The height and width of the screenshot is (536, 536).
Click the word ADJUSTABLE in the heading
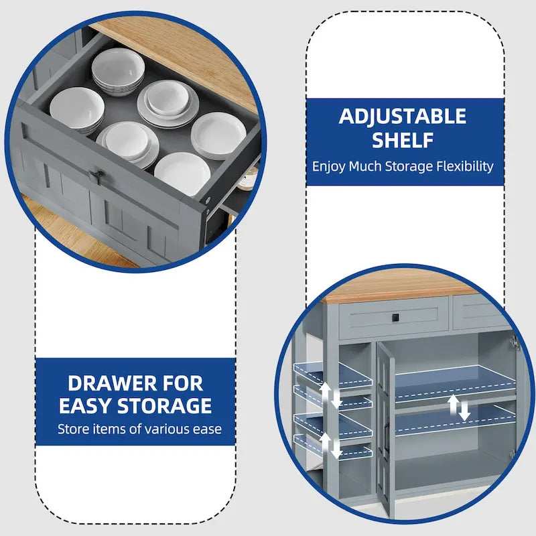(403, 116)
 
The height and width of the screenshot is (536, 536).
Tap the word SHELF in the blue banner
(403, 140)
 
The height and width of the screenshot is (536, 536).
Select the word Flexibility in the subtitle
(465, 167)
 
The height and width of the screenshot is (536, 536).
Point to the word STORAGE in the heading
(164, 406)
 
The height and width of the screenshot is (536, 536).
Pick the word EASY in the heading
(86, 406)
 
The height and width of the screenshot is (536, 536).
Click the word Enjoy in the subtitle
(329, 167)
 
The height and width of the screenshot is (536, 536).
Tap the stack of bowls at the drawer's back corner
(118, 72)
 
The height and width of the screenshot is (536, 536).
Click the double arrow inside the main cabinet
(459, 407)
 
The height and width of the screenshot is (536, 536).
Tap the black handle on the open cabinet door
(387, 435)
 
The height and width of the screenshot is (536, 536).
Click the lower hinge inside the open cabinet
(512, 454)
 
